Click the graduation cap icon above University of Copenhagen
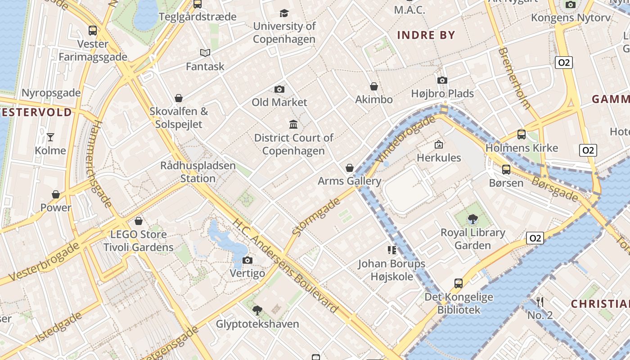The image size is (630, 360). click(x=284, y=13)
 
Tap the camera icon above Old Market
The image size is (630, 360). click(x=279, y=89)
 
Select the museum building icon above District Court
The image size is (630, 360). click(x=293, y=124)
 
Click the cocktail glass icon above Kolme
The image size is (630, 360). click(x=50, y=137)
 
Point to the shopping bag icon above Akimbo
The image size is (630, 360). click(x=373, y=86)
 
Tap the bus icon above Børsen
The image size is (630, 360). click(x=506, y=170)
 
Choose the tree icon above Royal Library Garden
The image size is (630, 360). click(x=472, y=219)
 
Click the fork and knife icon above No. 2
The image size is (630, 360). click(x=540, y=302)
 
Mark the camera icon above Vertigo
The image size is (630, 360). click(x=247, y=260)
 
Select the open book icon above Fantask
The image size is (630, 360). click(x=205, y=53)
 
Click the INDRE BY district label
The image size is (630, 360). click(x=426, y=35)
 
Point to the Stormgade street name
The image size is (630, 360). click(x=316, y=217)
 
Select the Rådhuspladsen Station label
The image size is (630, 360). click(x=198, y=172)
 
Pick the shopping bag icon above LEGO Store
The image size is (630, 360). click(x=139, y=221)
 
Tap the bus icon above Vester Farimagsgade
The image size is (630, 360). click(x=93, y=31)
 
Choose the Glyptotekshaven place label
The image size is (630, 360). click(x=257, y=324)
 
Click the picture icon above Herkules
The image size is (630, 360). click(x=439, y=144)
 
